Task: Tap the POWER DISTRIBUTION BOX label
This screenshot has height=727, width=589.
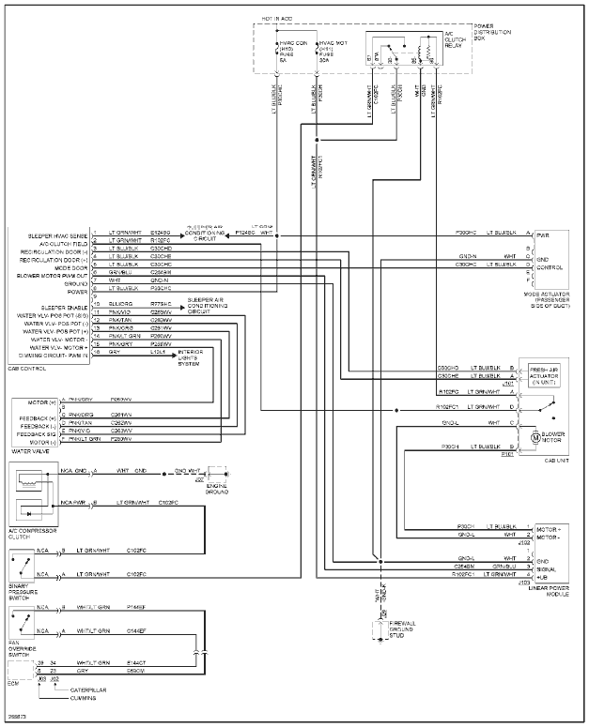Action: point(492,33)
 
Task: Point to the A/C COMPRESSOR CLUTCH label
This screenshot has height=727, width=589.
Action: point(30,535)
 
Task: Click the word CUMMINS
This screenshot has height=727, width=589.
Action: point(85,699)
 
